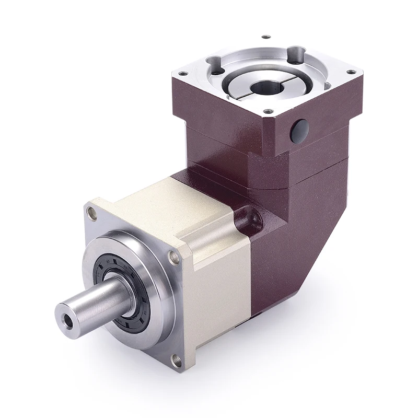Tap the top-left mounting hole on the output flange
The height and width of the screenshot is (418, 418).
click(x=92, y=212)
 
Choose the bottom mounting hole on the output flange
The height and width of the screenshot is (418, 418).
click(x=176, y=359)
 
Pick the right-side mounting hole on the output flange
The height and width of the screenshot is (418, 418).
click(x=172, y=256)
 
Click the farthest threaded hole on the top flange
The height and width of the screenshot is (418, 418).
click(x=266, y=37)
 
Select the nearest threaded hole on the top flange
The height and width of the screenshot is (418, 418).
click(x=268, y=111)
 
